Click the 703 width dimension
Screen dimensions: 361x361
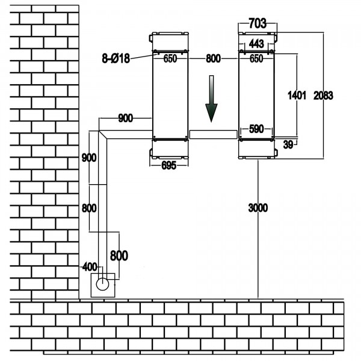tap(258, 23)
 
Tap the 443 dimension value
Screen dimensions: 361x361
tap(256, 43)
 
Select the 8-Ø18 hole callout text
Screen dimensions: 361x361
tap(116, 58)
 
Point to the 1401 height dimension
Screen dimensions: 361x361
tap(297, 95)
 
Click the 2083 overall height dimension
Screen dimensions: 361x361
tap(323, 95)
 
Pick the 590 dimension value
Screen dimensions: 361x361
tap(256, 129)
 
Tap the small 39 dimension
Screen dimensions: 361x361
tap(288, 144)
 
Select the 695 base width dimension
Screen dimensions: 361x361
tap(168, 165)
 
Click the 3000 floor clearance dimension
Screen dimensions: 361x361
tap(258, 208)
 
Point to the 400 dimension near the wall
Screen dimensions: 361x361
tap(90, 267)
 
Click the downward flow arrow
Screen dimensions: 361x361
tap(211, 99)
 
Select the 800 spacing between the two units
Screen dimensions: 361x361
tap(213, 59)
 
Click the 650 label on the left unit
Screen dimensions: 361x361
tap(170, 59)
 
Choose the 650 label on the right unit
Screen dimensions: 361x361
tap(256, 59)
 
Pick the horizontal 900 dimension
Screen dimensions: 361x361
tap(126, 118)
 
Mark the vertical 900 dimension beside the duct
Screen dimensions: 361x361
tap(89, 158)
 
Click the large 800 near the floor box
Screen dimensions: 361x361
tap(119, 256)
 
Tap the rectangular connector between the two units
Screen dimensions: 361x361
tap(213, 134)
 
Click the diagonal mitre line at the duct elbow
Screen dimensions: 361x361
tap(103, 135)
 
